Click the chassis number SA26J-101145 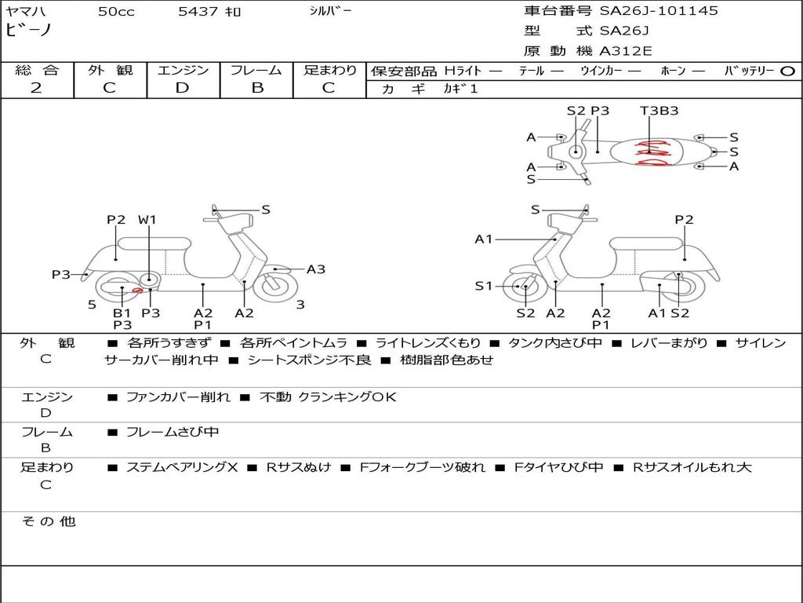(659, 11)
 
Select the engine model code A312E (627, 52)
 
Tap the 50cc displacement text (116, 12)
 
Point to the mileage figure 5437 (198, 12)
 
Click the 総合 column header (37, 70)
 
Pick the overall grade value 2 (36, 88)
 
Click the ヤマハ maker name (25, 12)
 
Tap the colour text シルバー (330, 11)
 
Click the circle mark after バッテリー (788, 71)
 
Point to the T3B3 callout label (659, 111)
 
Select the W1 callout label (147, 220)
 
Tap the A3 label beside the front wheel (315, 269)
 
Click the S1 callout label (485, 286)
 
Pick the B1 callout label (122, 312)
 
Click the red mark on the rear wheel (137, 291)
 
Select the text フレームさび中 (173, 432)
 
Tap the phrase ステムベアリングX (182, 467)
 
